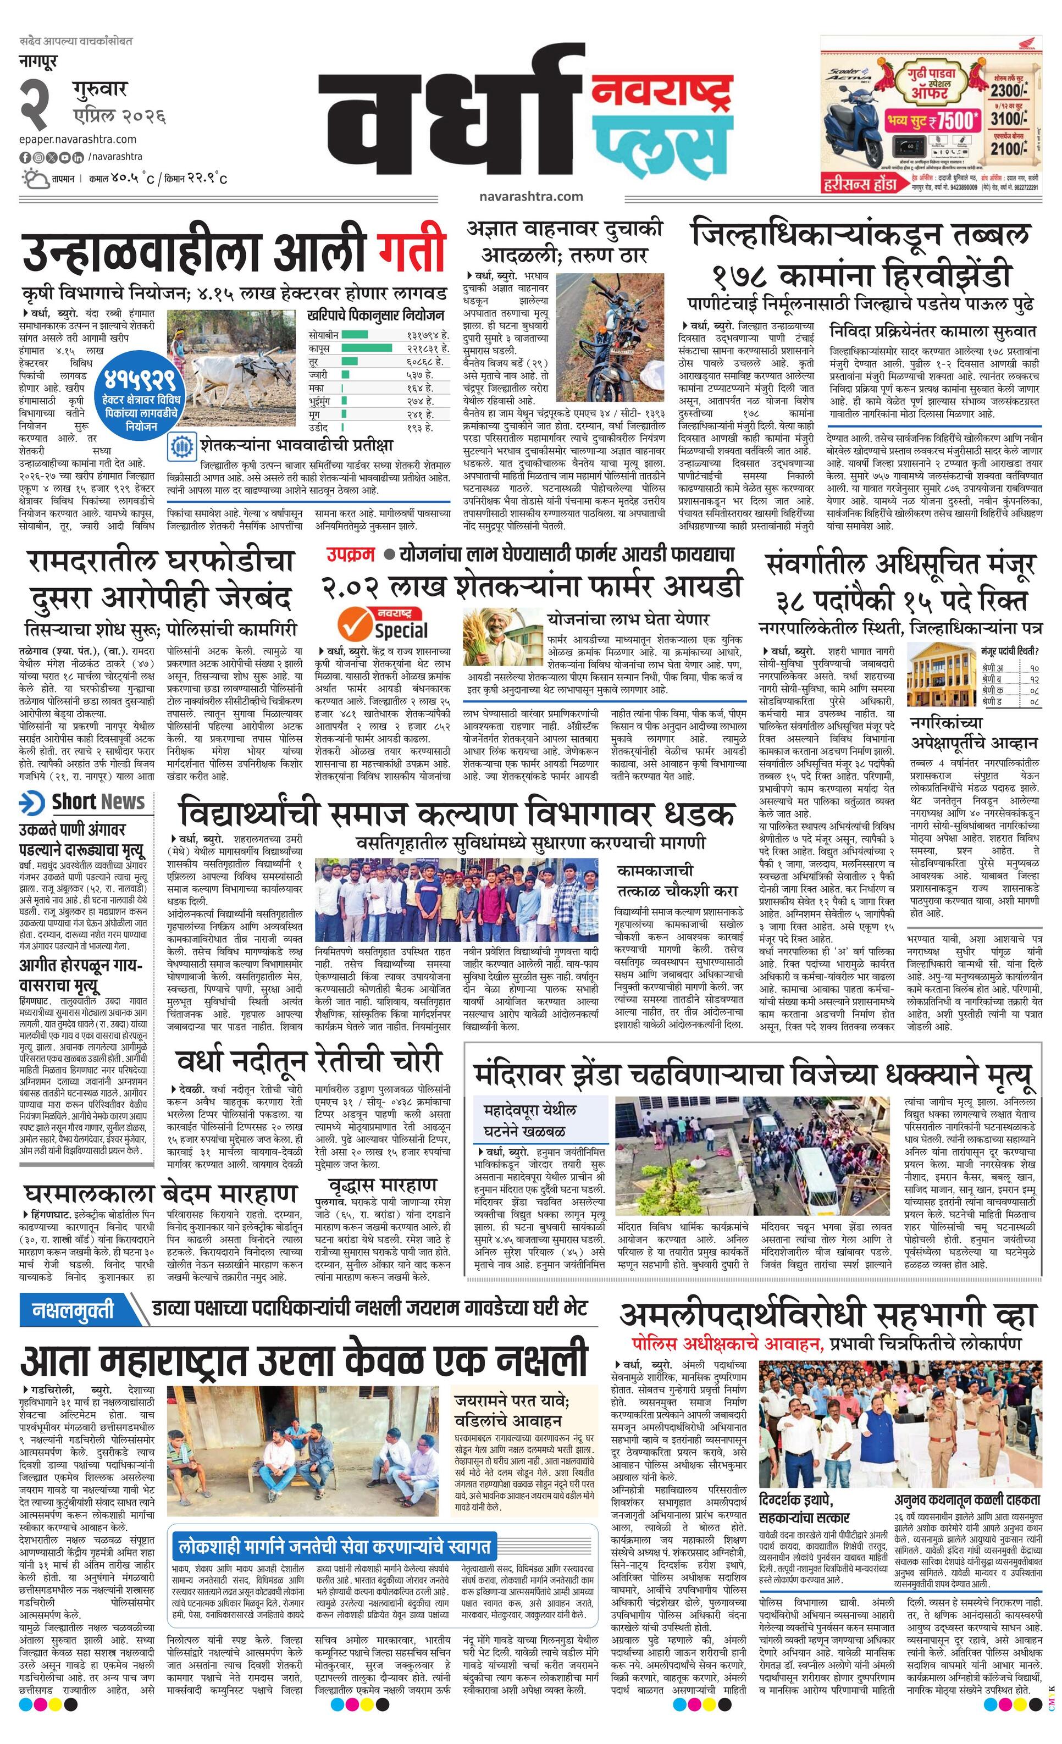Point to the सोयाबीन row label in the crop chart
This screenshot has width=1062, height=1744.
pyautogui.click(x=324, y=334)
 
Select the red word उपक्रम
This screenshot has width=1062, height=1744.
pyautogui.click(x=350, y=555)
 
